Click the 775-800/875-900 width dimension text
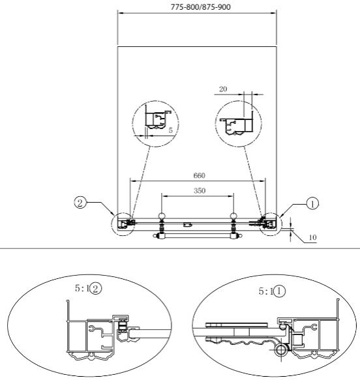(200, 7)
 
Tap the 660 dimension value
(200, 175)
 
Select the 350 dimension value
(200, 191)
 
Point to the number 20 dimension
(223, 89)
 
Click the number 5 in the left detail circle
(171, 130)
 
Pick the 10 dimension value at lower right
(312, 237)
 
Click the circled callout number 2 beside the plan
(80, 203)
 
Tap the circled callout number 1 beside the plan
(313, 204)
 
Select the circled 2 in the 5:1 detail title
(95, 288)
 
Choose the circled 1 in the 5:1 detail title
(279, 291)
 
